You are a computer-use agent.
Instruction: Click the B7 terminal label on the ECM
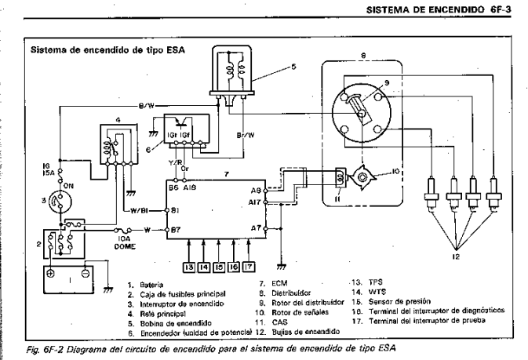[177, 230]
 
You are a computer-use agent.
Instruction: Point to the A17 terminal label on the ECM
[255, 202]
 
